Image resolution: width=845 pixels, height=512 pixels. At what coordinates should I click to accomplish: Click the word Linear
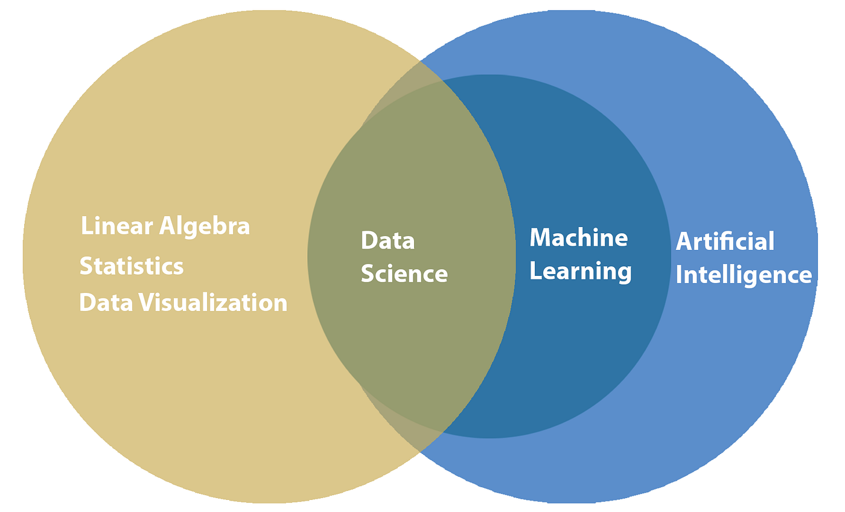116,226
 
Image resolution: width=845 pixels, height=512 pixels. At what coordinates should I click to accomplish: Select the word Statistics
132,266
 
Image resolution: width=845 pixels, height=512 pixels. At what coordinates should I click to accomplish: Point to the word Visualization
214,302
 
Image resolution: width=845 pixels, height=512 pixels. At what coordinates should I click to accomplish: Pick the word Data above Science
387,240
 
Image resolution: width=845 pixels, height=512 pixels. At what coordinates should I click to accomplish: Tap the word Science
404,274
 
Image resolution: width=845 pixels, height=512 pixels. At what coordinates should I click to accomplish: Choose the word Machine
578,238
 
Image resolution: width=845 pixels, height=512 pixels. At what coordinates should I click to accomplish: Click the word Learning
580,272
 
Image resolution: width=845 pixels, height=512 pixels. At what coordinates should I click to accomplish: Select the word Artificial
724,242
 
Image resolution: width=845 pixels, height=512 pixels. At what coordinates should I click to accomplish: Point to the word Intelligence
743,275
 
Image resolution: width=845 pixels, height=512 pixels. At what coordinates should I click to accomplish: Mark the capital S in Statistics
86,266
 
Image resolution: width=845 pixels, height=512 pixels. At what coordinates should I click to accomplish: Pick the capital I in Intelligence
679,275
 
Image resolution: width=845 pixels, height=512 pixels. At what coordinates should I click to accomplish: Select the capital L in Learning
534,271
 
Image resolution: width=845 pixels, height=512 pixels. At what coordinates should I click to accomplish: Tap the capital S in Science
367,274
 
